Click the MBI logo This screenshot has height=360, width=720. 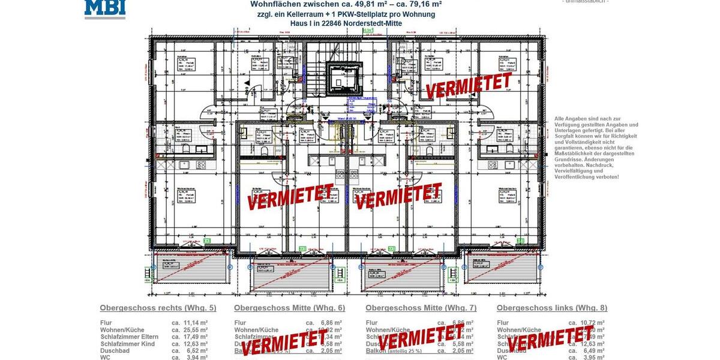click(105, 8)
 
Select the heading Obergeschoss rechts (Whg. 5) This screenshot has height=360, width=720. click(158, 308)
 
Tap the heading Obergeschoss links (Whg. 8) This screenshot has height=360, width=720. click(551, 308)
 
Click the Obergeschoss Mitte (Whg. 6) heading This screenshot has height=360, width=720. click(289, 308)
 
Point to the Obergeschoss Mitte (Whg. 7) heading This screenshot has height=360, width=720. click(421, 308)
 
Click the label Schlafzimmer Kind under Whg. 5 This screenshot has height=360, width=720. click(127, 344)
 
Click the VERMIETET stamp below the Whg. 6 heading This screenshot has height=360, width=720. click(284, 340)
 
